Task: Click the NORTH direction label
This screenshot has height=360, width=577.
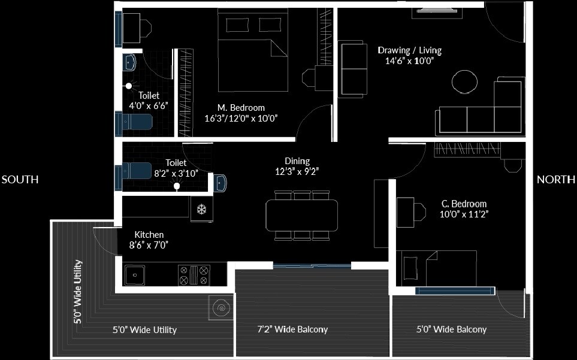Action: click(x=556, y=180)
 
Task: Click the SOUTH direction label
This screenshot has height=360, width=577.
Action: click(x=20, y=180)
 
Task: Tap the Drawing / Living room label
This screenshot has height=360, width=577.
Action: click(x=405, y=50)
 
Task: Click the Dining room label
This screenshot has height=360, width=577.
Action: click(x=297, y=161)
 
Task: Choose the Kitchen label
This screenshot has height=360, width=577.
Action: click(x=149, y=235)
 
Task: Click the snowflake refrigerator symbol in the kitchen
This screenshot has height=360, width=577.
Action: click(x=202, y=210)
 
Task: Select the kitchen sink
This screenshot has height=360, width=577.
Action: click(x=135, y=276)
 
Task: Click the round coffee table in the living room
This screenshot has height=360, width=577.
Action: click(x=465, y=81)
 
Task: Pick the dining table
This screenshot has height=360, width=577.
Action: click(x=301, y=214)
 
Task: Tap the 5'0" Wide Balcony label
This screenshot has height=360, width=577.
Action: click(x=451, y=329)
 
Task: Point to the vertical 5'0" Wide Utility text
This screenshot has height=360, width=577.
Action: click(x=78, y=292)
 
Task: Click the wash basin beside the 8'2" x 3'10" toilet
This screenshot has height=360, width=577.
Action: click(x=220, y=181)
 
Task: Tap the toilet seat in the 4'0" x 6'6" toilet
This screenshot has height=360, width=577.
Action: click(x=137, y=122)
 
